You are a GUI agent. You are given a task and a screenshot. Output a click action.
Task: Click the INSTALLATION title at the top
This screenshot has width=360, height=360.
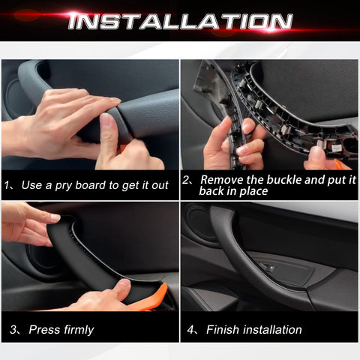click(180, 21)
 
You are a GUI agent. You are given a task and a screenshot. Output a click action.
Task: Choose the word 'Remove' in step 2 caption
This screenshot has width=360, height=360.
click(221, 180)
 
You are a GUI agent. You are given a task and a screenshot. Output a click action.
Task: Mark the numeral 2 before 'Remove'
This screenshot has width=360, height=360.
click(187, 180)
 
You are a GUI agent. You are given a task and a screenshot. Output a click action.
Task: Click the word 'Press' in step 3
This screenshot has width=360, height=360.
click(43, 329)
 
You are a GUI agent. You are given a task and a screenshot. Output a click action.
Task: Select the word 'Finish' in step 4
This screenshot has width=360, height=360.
click(223, 329)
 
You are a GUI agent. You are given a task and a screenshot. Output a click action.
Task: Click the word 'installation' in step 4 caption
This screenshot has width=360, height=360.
click(272, 329)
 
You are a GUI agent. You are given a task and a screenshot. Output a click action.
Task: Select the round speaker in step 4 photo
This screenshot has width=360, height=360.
click(199, 222)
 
